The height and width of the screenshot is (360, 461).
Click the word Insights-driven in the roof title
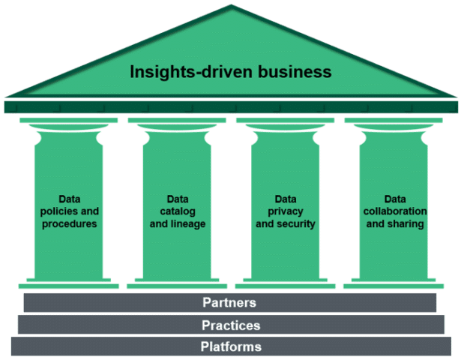pyautogui.click(x=187, y=73)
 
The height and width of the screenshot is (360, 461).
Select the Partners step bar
pyautogui.click(x=229, y=303)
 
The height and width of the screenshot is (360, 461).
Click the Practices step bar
pyautogui.click(x=231, y=325)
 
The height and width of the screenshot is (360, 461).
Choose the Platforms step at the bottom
pyautogui.click(x=231, y=346)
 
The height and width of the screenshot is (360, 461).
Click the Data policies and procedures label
pyautogui.click(x=68, y=211)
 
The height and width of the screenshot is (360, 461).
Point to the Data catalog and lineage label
pyautogui.click(x=178, y=211)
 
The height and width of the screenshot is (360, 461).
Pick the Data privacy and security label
pyautogui.click(x=285, y=211)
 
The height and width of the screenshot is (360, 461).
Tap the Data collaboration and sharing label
pyautogui.click(x=394, y=211)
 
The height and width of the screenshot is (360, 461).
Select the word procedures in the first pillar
pyautogui.click(x=68, y=224)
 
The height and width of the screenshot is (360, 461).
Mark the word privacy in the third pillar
pyautogui.click(x=285, y=211)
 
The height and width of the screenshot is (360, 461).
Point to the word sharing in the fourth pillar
pyautogui.click(x=407, y=224)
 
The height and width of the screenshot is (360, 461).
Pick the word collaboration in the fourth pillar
pyautogui.click(x=394, y=211)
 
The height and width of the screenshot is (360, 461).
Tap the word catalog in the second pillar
pyautogui.click(x=178, y=211)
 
